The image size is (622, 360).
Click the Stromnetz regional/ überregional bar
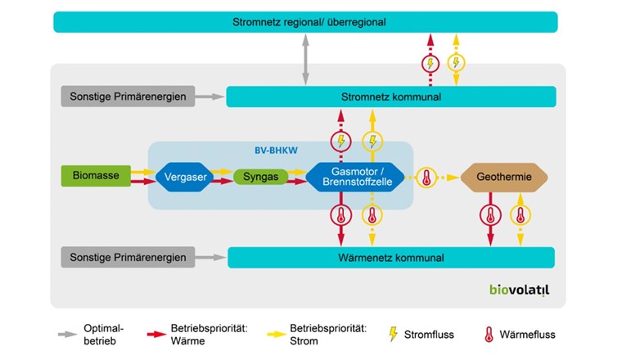tap(305, 22)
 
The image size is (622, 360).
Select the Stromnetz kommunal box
tap(390, 97)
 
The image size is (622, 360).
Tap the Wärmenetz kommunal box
tap(391, 258)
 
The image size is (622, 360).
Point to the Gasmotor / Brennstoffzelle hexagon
tap(357, 177)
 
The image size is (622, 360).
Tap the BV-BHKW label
tap(277, 151)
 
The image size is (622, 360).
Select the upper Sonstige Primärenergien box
tap(128, 97)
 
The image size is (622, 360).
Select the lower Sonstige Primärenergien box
tap(128, 258)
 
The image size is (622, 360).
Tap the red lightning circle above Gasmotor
tap(340, 141)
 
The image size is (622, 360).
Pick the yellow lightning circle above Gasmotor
tap(372, 141)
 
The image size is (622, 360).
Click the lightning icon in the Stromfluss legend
tap(393, 334)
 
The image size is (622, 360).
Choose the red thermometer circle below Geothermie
tap(489, 215)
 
